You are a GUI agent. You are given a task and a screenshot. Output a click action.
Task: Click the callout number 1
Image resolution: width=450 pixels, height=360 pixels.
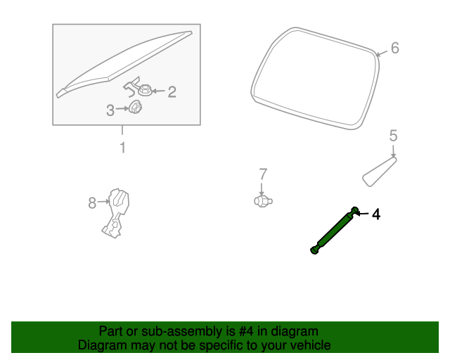pyautogui.click(x=122, y=148)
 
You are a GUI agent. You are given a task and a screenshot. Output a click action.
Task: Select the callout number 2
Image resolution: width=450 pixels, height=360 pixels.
pyautogui.click(x=171, y=91)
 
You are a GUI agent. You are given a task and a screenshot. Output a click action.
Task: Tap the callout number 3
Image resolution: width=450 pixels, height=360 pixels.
pyautogui.click(x=110, y=110)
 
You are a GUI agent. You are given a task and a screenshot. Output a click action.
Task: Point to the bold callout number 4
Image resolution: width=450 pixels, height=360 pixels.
pyautogui.click(x=376, y=214)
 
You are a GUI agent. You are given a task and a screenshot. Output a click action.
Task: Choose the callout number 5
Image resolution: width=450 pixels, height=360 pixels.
pyautogui.click(x=393, y=136)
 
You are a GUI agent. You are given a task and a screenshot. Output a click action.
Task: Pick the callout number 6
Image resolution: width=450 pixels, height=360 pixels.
pyautogui.click(x=394, y=48)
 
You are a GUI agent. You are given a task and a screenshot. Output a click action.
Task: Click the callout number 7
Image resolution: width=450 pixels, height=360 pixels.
pyautogui.click(x=263, y=174)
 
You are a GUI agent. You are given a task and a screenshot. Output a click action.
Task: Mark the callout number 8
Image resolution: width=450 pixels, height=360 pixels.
pyautogui.click(x=92, y=203)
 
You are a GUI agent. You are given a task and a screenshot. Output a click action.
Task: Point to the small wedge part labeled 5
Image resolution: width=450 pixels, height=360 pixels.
pyautogui.click(x=378, y=171)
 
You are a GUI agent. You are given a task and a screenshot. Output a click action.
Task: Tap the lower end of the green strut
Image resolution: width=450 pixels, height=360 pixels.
pyautogui.click(x=314, y=249)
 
